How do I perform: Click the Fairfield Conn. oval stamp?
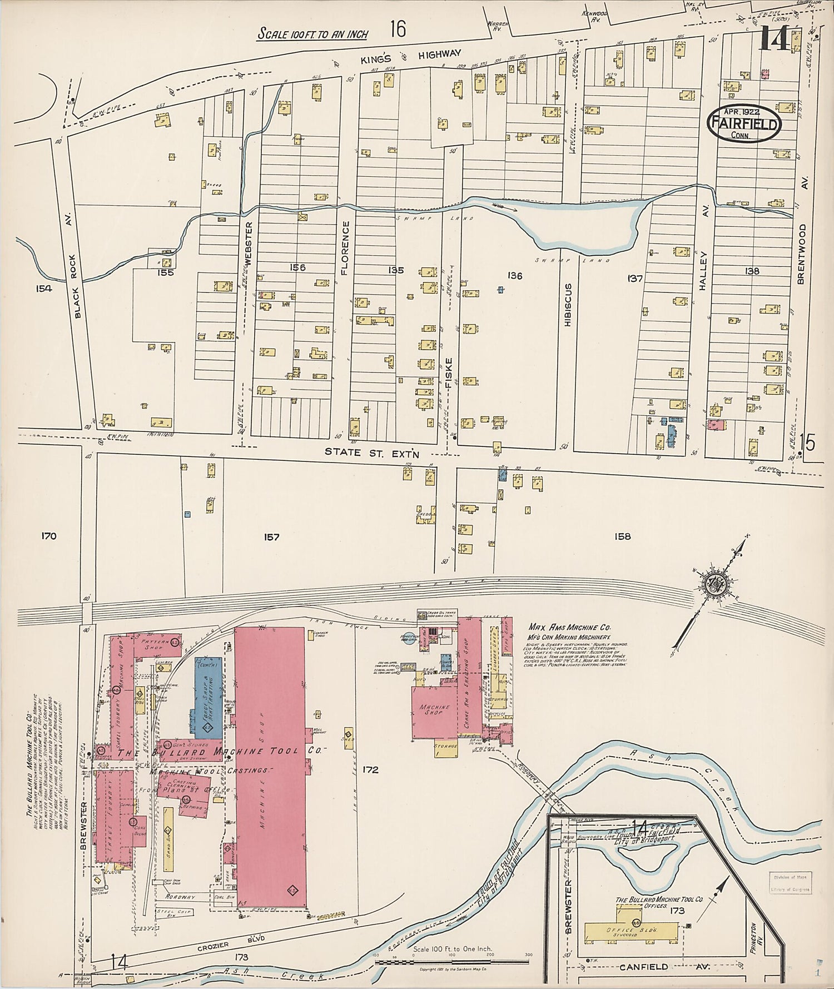(744, 122)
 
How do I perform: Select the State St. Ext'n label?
(371, 453)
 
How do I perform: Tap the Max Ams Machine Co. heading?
(569, 627)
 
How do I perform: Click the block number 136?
(515, 275)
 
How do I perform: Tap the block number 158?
(622, 536)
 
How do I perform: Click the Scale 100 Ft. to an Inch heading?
(312, 34)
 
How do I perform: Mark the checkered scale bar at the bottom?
(454, 961)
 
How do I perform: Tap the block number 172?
(370, 770)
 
